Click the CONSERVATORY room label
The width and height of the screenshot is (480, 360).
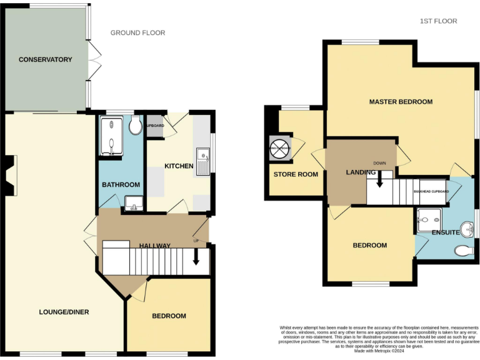click(x=45, y=60)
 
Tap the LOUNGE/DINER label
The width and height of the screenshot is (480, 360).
click(x=64, y=312)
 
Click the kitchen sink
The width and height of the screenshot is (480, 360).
click(x=203, y=162)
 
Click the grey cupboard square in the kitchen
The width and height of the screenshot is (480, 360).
click(x=154, y=126)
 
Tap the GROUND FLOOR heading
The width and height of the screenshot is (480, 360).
click(x=137, y=32)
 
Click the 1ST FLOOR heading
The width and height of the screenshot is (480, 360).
click(x=438, y=21)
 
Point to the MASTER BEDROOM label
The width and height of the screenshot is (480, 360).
click(x=400, y=102)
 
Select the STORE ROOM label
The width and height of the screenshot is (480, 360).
click(x=296, y=174)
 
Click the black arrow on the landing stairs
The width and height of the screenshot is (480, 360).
click(x=379, y=179)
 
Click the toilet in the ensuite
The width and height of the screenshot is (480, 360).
click(x=464, y=251)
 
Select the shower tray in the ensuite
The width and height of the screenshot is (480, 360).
click(x=430, y=217)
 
